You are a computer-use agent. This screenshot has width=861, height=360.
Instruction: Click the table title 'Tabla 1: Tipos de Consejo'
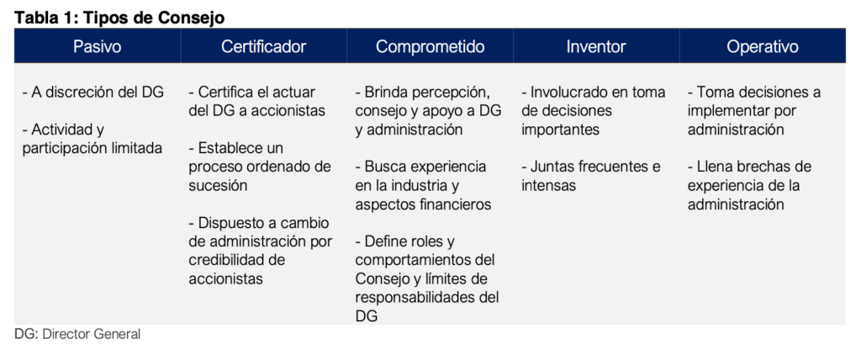119,18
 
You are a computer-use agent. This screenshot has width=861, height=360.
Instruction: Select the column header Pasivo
98,47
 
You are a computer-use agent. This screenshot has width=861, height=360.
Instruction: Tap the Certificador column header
263,47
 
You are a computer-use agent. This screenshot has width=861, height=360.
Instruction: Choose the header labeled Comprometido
430,47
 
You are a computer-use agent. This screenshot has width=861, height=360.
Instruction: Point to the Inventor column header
596,47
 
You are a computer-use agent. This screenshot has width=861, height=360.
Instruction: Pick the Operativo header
763,47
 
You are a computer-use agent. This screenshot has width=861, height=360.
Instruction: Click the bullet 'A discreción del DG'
93,92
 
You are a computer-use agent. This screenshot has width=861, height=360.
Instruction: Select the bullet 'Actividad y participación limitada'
92,139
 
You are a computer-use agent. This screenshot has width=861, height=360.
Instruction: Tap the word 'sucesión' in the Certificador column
218,185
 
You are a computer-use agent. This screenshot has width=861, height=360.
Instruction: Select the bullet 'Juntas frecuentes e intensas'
591,176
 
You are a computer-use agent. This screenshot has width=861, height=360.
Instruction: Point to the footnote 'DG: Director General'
77,334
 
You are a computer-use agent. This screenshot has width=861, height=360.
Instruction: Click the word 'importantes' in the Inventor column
560,130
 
